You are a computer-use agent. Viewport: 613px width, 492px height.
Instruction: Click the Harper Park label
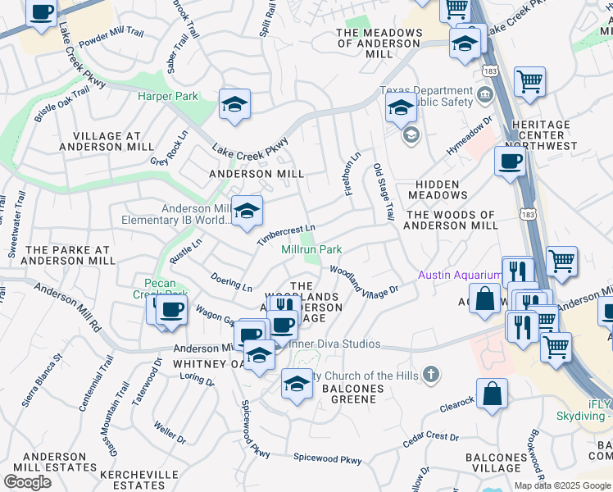[x=168, y=96]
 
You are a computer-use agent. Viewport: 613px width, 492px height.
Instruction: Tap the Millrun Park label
[x=311, y=249]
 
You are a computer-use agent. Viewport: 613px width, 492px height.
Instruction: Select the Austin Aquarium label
[x=460, y=275]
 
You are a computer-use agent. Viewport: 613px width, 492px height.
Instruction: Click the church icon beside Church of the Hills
[x=429, y=376]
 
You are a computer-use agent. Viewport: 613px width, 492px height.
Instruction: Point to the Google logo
[x=27, y=482]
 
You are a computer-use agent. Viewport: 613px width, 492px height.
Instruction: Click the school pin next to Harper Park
[x=234, y=105]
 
